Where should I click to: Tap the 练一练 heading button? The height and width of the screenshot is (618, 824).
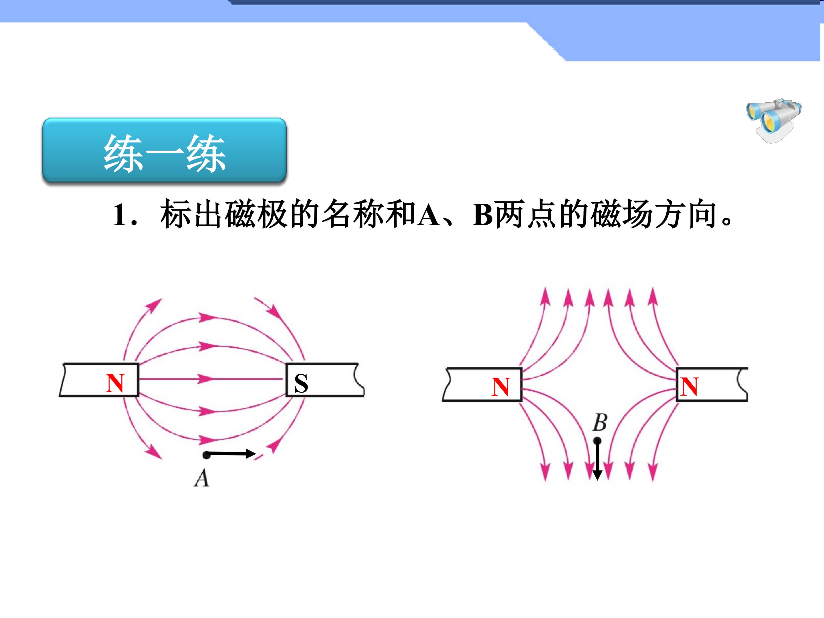tap(164, 150)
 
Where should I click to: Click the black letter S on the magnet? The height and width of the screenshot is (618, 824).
tap(301, 383)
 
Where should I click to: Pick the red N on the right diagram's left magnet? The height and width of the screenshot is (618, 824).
tap(500, 387)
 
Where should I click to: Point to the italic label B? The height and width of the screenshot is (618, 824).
tap(600, 422)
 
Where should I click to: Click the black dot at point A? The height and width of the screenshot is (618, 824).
tap(206, 455)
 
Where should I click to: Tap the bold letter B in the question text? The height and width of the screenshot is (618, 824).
tap(483, 215)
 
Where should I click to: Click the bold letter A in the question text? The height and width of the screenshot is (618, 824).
tap(428, 215)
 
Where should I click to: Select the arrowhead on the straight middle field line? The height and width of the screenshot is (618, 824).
tap(206, 379)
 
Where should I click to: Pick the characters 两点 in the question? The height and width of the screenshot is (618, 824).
tap(528, 215)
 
